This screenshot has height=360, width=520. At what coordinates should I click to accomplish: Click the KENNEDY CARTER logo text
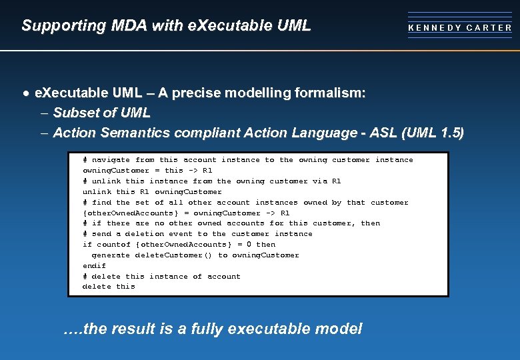pos(460,28)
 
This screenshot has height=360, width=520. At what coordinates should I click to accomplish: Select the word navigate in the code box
pos(111,160)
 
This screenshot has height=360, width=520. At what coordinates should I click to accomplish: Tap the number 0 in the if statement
pos(249,245)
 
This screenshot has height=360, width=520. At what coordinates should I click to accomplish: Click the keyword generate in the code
pos(111,255)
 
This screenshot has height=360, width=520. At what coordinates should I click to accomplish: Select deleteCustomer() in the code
pos(173,255)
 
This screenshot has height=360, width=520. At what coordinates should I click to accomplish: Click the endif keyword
pos(94,265)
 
